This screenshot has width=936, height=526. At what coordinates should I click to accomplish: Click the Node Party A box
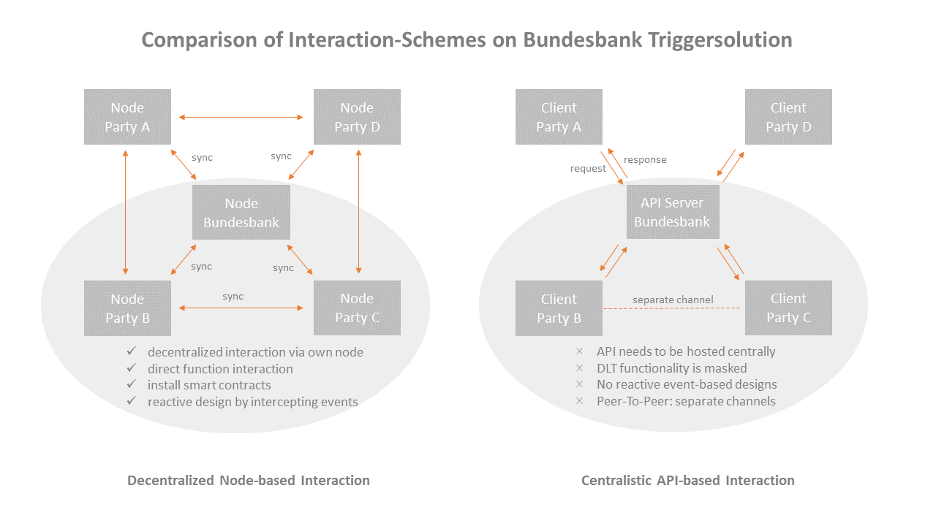pos(127,117)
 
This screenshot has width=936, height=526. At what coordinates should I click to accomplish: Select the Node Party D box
pos(357,117)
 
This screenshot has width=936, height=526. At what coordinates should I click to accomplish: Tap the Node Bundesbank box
pos(241,213)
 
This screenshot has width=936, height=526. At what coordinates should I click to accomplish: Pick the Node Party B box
pos(127,308)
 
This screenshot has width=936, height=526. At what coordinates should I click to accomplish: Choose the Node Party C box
pos(357,308)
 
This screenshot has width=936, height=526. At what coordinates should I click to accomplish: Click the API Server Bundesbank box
pos(672,212)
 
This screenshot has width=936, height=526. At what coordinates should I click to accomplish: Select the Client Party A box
pos(559,117)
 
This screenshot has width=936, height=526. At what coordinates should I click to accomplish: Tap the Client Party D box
pos(788,117)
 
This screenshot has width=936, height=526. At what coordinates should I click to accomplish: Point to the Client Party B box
pos(559,308)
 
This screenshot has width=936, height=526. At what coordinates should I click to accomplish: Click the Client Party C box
pos(788,308)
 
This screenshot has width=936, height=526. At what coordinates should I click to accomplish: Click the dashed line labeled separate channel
pos(673,308)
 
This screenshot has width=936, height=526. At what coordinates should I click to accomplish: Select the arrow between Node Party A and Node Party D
pos(241,117)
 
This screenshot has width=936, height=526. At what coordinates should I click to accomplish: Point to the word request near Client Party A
pos(588,169)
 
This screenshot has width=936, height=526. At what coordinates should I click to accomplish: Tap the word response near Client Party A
pos(645,159)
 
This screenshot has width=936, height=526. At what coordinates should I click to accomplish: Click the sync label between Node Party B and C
pos(233,297)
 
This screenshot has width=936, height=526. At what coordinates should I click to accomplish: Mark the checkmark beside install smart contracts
pos(132,384)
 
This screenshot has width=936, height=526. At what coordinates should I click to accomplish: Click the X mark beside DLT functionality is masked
pos(580,368)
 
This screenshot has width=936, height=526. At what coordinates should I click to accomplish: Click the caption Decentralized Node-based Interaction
pos(249,481)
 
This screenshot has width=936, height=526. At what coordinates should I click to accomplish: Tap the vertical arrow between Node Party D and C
pos(358,213)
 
